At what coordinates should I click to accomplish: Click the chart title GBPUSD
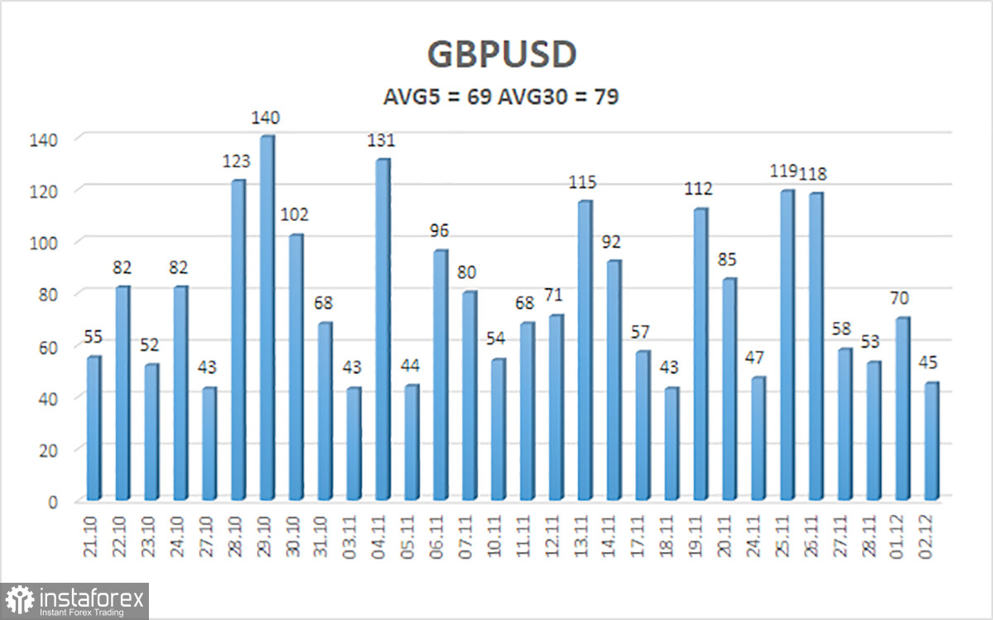pos(501,55)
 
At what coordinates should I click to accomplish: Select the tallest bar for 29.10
pos(266,319)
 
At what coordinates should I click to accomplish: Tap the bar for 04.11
pos(382,330)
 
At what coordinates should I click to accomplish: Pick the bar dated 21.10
pos(94,429)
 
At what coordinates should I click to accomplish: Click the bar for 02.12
pos(931,441)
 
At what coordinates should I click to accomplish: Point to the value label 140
pos(266,120)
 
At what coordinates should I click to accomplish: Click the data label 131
pos(382,142)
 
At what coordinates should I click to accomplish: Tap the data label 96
pos(440,233)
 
